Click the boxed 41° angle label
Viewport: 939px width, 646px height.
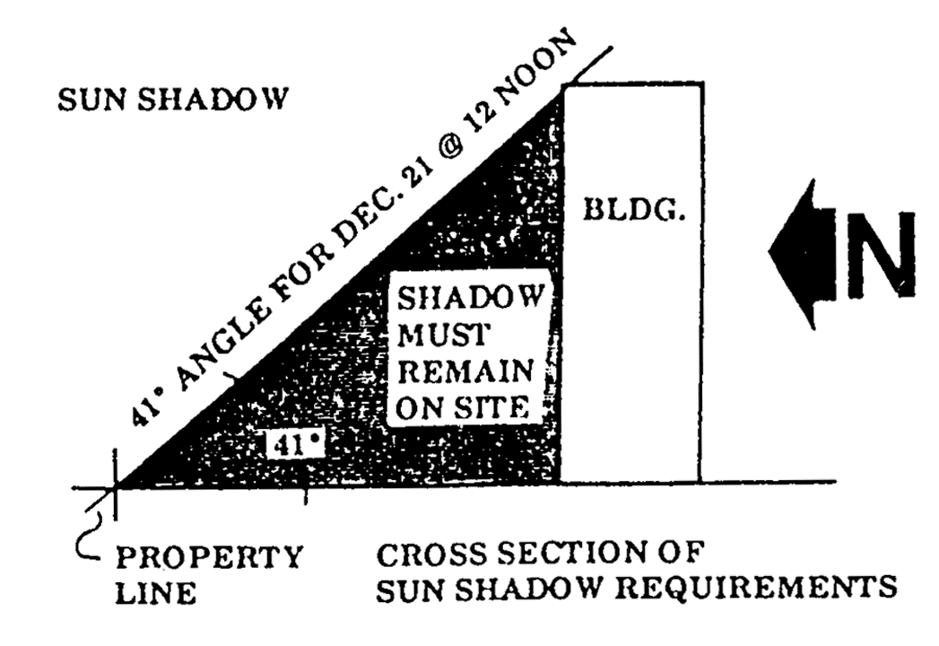292,443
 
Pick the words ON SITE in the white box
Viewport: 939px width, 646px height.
459,406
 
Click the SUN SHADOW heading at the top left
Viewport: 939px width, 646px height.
171,99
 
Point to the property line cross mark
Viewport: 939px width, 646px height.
116,488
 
